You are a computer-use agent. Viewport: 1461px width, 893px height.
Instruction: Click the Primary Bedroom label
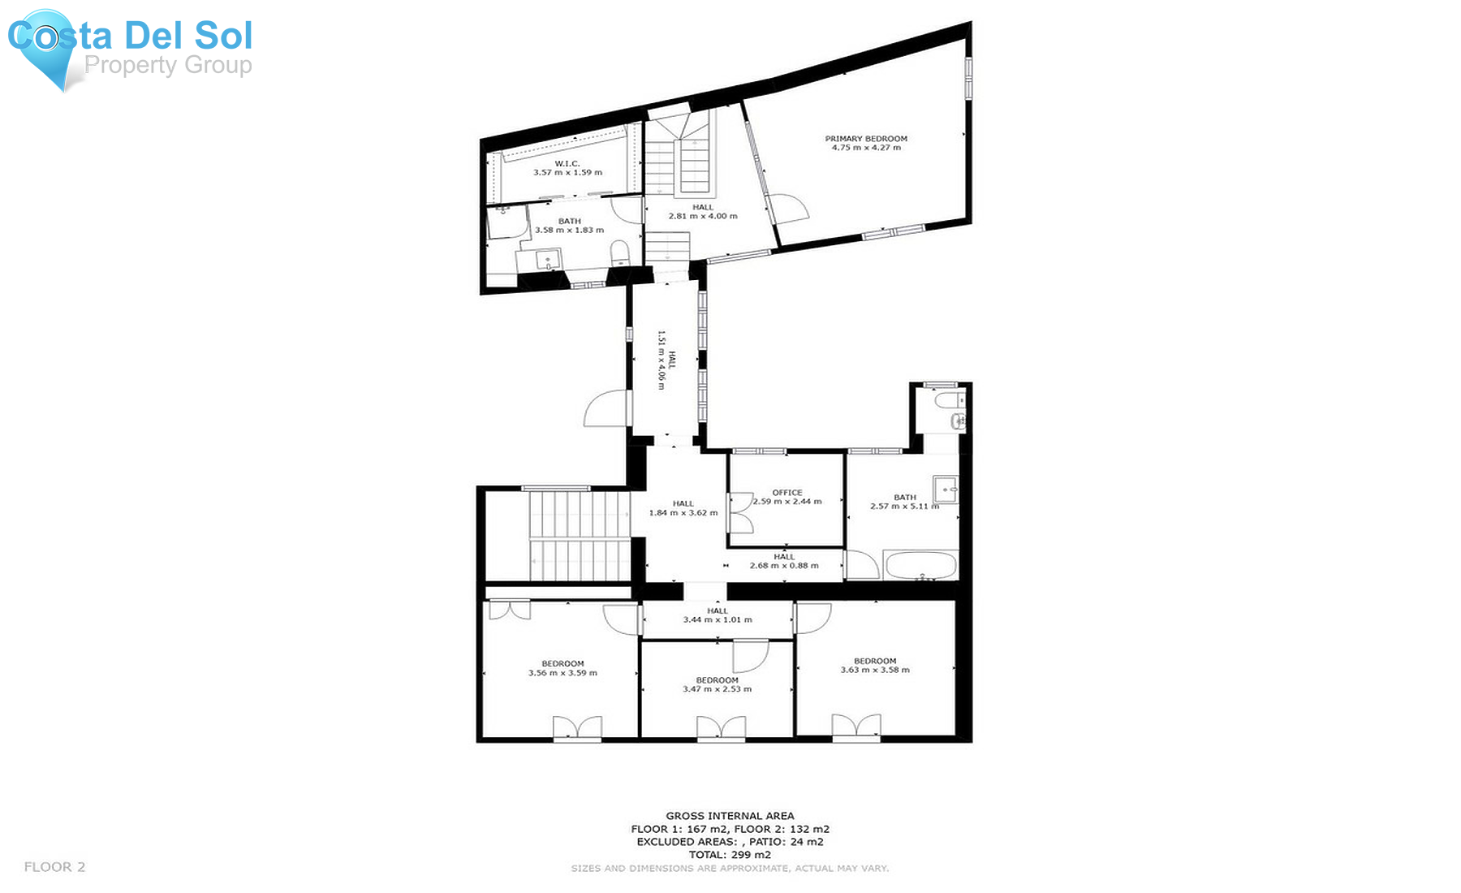click(866, 139)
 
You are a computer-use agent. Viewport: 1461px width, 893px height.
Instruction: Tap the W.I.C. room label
click(567, 164)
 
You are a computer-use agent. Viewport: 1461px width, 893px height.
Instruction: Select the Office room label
click(787, 493)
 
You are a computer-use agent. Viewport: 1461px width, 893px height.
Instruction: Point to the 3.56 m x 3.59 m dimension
click(562, 673)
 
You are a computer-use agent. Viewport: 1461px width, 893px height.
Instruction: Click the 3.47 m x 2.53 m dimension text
click(717, 689)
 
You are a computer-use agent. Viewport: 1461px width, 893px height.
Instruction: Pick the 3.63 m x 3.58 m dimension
click(875, 671)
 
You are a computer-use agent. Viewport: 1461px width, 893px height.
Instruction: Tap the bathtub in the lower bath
click(921, 566)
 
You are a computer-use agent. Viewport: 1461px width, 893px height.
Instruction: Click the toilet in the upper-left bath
click(619, 252)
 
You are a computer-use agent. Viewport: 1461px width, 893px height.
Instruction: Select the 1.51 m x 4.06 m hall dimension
click(662, 360)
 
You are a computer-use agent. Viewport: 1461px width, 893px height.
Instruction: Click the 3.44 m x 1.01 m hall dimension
click(718, 620)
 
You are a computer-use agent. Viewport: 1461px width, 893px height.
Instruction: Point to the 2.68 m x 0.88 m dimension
click(784, 566)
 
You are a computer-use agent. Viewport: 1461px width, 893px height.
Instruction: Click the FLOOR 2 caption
click(54, 867)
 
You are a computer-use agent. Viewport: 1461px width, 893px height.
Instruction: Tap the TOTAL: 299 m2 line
click(730, 855)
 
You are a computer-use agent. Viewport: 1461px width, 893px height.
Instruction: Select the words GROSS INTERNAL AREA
click(730, 816)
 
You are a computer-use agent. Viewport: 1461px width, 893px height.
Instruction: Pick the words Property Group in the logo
click(168, 65)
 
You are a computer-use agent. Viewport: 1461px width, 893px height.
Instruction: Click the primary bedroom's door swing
click(789, 208)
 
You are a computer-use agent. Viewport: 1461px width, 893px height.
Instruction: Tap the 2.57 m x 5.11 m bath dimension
click(905, 507)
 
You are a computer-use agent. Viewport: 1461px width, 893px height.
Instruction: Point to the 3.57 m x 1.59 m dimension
click(567, 173)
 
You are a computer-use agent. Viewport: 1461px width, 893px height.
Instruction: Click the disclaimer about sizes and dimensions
click(730, 869)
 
